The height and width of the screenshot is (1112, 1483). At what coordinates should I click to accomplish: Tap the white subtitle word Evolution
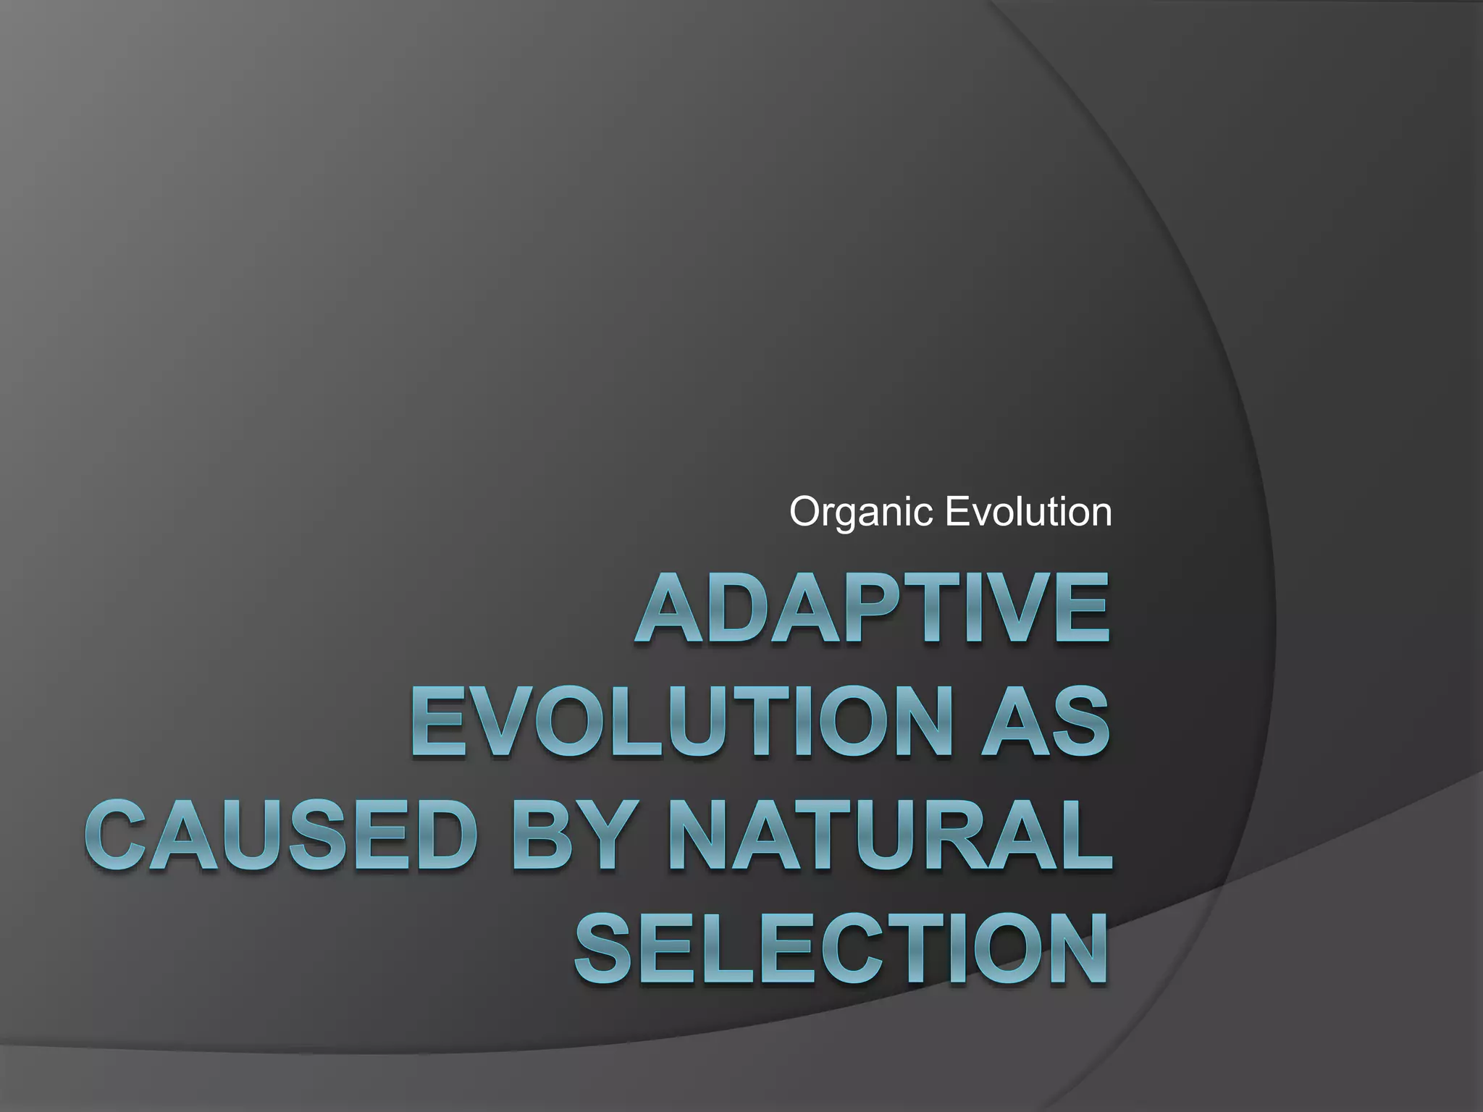pyautogui.click(x=1028, y=512)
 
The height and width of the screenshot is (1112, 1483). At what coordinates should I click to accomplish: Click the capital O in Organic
pyautogui.click(x=805, y=513)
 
